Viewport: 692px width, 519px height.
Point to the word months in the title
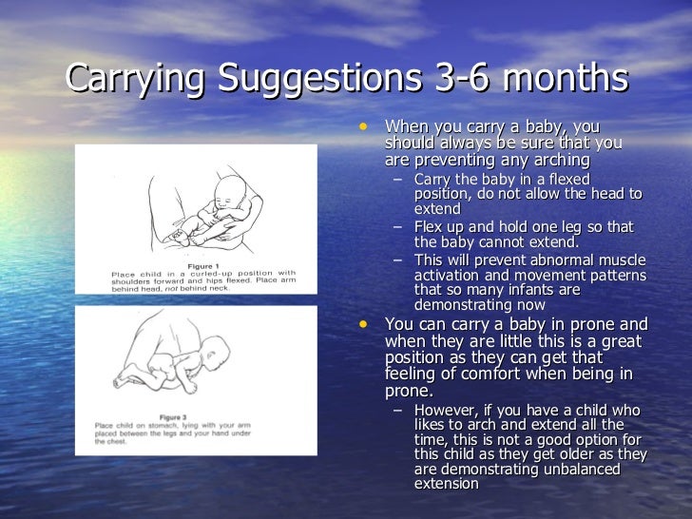(570, 79)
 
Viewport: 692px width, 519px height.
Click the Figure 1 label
(204, 265)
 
